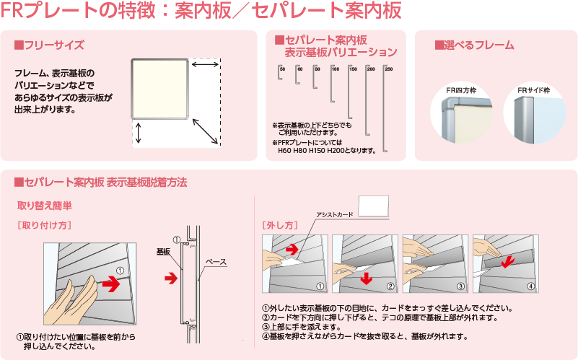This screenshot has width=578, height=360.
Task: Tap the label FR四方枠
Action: coord(460,92)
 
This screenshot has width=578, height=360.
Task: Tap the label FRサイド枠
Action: coord(533,92)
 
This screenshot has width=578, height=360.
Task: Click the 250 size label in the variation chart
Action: coord(389,69)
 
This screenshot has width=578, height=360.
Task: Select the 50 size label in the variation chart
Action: coord(282,69)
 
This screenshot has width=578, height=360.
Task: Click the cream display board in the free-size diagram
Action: coord(160,88)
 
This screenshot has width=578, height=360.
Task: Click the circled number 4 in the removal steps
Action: coord(531,286)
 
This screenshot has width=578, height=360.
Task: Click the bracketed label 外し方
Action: coord(280,225)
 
